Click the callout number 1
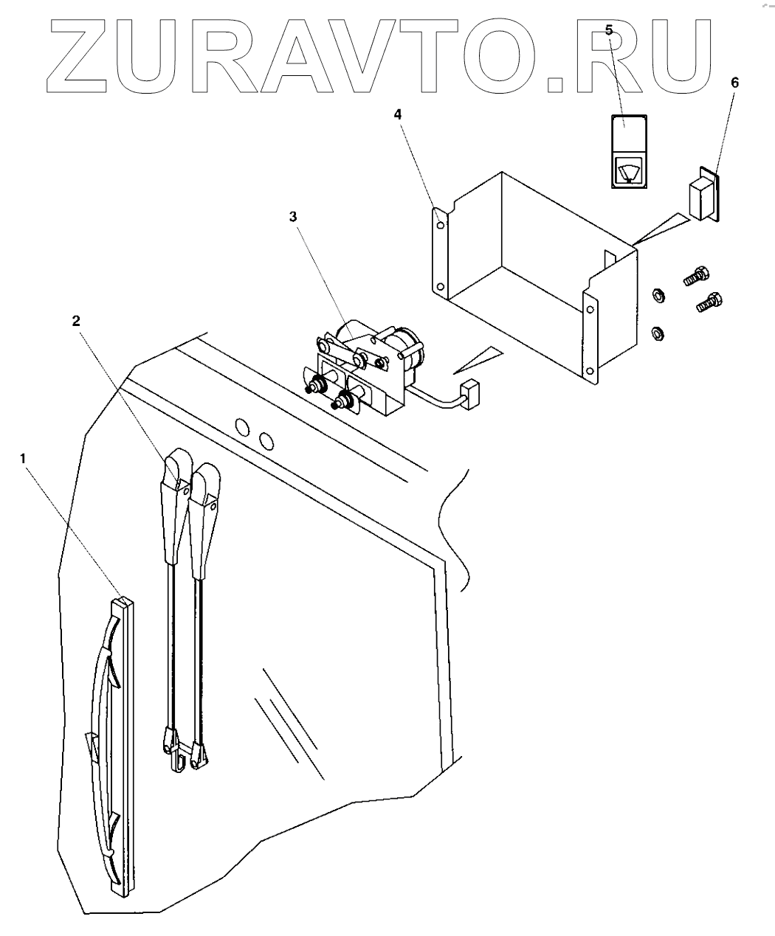[24, 457]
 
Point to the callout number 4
[398, 114]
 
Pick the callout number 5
[609, 30]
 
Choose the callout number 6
[734, 82]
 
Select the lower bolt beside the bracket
[709, 302]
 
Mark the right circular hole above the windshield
[266, 440]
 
